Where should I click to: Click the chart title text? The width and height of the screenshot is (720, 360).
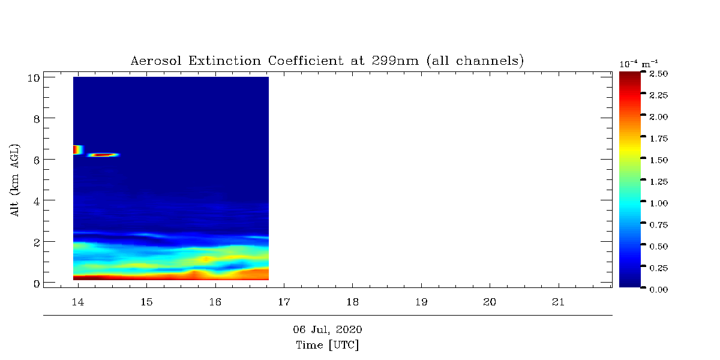327,61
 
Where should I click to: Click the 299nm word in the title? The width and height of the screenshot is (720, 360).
395,61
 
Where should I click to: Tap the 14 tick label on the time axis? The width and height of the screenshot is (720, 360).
78,302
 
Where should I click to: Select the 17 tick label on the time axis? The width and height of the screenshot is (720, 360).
284,302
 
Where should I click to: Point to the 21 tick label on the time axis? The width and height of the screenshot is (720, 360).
559,302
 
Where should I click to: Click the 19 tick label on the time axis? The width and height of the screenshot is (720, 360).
421,302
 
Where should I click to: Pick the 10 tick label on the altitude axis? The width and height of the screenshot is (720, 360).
34,78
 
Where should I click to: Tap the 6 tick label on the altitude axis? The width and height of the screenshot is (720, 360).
37,160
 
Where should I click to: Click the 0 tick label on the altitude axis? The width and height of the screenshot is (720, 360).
37,284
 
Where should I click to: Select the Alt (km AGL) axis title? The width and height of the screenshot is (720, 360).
15,181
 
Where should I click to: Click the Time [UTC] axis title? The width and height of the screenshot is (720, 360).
327,345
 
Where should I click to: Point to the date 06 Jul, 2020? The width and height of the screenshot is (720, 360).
327,329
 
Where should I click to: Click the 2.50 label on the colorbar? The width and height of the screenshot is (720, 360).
659,74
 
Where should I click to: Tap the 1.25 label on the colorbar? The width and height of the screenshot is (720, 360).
659,182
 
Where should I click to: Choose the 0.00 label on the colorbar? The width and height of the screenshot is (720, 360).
659,290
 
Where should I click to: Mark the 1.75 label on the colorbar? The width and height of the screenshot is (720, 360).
659,139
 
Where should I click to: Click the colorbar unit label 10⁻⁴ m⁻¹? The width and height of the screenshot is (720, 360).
638,64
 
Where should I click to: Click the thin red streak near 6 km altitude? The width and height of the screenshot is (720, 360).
103,155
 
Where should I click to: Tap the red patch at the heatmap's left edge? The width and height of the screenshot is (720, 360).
77,150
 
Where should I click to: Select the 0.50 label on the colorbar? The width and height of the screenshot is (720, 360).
659,247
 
